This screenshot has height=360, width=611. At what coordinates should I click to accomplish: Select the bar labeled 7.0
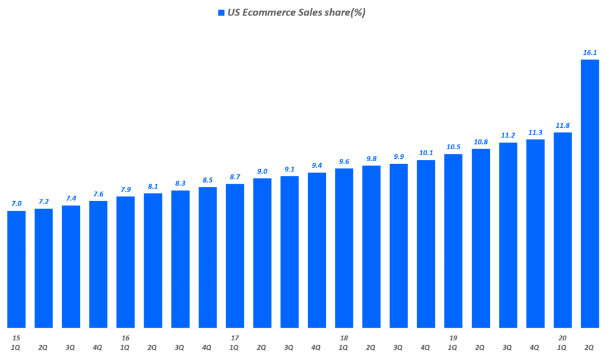(16, 269)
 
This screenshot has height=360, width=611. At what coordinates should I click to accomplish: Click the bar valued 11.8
(563, 230)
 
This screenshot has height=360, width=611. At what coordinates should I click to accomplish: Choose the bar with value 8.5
(208, 257)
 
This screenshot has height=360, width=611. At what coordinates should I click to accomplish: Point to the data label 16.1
(590, 53)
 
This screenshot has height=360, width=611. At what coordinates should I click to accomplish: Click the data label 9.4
(316, 165)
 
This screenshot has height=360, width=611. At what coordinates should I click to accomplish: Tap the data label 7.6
(98, 194)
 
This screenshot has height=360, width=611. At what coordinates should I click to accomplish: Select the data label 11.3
(535, 133)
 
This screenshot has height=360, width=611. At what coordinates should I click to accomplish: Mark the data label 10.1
(426, 153)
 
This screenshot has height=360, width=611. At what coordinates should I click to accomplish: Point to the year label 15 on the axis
(16, 338)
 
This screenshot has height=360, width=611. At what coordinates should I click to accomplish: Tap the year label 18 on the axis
(344, 338)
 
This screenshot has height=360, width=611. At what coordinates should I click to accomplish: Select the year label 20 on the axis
(563, 338)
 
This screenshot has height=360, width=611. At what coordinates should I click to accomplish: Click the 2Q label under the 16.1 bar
(590, 347)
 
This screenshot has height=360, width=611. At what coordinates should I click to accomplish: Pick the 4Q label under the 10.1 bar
(426, 347)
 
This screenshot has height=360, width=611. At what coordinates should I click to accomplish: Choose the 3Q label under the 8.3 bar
(180, 347)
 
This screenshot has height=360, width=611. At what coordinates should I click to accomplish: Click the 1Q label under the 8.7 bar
(234, 347)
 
